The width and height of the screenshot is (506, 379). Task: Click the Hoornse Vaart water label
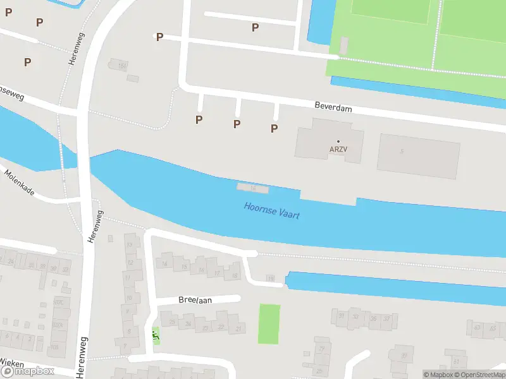pos(272,210)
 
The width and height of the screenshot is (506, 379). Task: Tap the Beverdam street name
pos(333,108)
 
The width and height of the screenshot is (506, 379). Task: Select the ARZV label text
pos(338,150)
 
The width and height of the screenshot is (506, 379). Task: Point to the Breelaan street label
pos(195,300)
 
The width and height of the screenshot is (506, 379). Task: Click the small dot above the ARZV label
pos(338,141)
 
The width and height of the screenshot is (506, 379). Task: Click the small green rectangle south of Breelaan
pos(269,324)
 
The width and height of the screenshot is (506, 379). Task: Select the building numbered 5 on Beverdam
pos(402,152)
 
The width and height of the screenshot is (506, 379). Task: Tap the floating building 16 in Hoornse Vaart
pos(253,188)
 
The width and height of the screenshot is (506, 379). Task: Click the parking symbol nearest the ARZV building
pos(275,128)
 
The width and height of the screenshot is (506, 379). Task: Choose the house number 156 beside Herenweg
pos(122,66)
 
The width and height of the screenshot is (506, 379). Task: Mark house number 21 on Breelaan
pos(238,329)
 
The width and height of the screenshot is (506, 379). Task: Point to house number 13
pos(130,244)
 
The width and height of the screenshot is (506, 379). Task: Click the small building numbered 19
pos(271,278)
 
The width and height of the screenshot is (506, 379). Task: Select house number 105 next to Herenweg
pos(54,347)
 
